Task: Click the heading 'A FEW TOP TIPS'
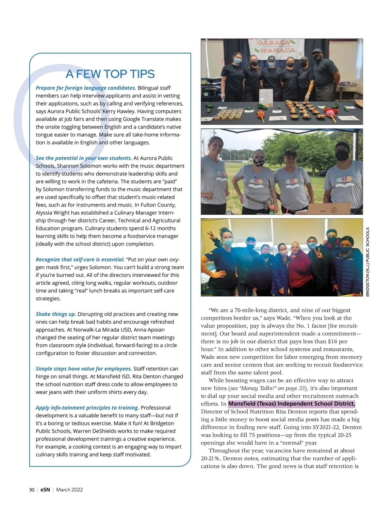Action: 110,74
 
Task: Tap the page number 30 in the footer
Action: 32,490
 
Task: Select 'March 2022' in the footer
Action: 69,490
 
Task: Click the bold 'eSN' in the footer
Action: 45,490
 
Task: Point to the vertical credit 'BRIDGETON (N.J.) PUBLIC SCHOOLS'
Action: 367,262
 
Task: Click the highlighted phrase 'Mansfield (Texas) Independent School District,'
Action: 291,404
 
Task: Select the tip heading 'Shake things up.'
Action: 56,314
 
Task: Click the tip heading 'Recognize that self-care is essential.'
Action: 80,260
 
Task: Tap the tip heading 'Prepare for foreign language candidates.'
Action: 86,88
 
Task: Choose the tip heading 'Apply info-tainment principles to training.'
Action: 87,408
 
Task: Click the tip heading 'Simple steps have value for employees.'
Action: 84,369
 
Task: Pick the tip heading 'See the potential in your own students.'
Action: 84,158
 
